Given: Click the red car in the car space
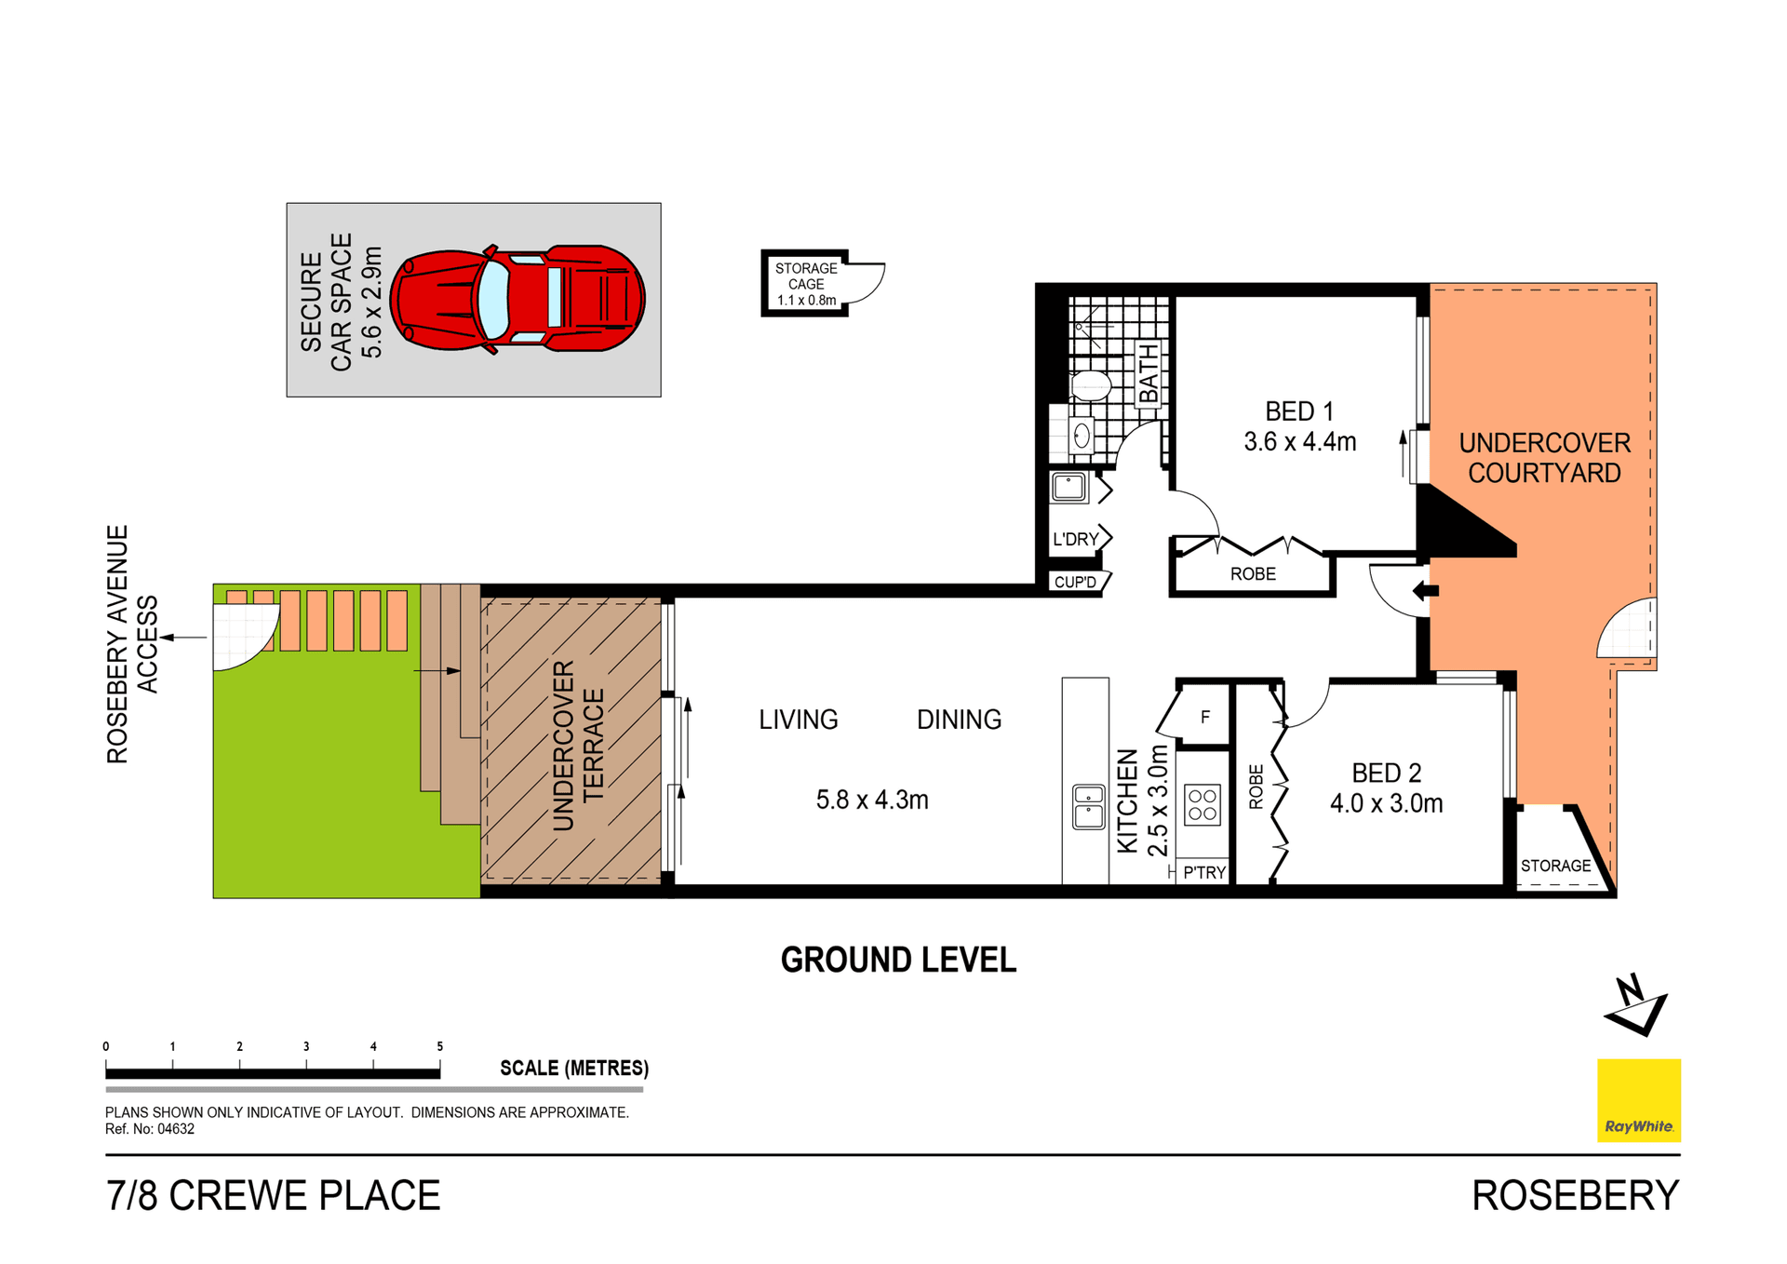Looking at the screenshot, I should (517, 299).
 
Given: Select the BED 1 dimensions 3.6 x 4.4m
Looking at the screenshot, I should (1299, 442).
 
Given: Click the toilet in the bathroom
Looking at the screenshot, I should (1090, 385).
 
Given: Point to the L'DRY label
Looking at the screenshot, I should (1075, 540).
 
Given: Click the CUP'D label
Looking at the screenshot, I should (1075, 583).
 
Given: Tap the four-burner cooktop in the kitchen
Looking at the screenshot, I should (1202, 805).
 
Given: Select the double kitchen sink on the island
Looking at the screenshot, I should (1088, 807).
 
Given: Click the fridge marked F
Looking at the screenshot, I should (1204, 718).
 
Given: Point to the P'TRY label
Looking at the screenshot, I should (1204, 873).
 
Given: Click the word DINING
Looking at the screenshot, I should (959, 720).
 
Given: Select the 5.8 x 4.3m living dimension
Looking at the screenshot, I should (872, 800).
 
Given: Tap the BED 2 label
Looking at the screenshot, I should (1386, 773).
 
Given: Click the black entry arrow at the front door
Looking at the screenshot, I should (1425, 590).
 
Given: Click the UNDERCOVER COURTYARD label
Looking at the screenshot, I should (1544, 458).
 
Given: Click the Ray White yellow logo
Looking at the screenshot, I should (1638, 1100).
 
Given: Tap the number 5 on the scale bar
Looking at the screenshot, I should (440, 1047).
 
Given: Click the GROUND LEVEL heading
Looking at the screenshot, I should (898, 961).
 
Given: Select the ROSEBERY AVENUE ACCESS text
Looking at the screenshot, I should (132, 644).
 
